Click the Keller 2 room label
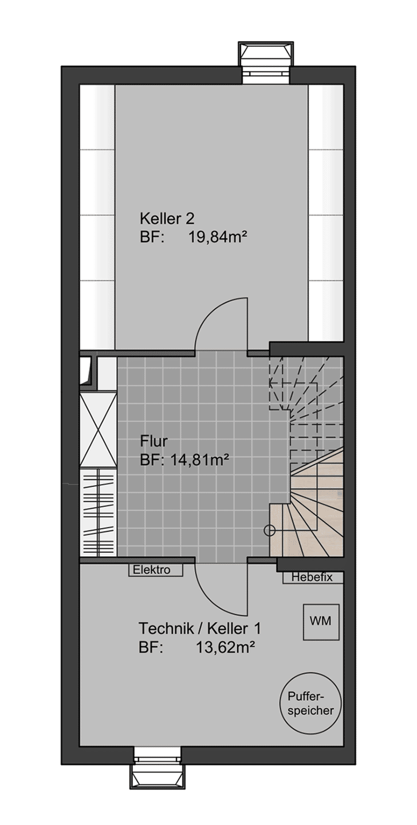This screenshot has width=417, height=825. pos(167,219)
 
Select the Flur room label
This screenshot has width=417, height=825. pos(154,441)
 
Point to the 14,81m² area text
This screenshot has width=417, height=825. pos(196,459)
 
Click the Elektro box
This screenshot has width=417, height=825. pos(155,570)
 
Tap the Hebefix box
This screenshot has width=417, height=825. pos(313,577)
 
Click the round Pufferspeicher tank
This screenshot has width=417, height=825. pos(310,707)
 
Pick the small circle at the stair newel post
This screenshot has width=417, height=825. pos(270,531)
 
